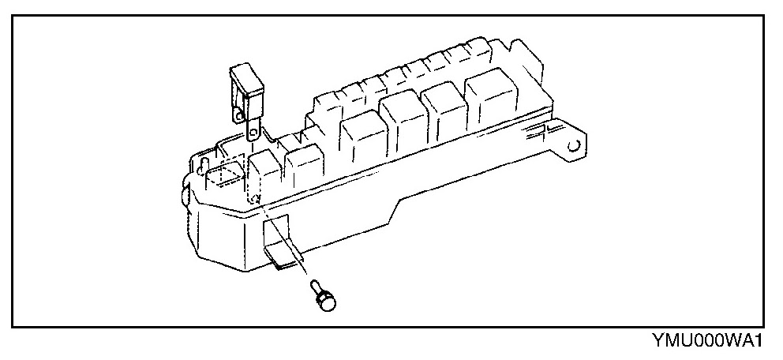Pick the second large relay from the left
click(403, 122)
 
